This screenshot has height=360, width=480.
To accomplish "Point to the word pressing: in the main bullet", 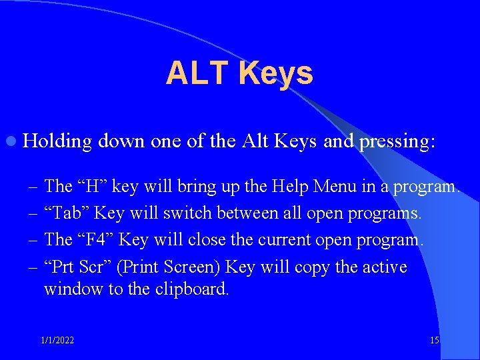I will pos(397,141).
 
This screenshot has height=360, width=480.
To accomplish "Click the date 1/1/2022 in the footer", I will pos(57,341).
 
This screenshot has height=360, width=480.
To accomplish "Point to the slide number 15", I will pos(435,341).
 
